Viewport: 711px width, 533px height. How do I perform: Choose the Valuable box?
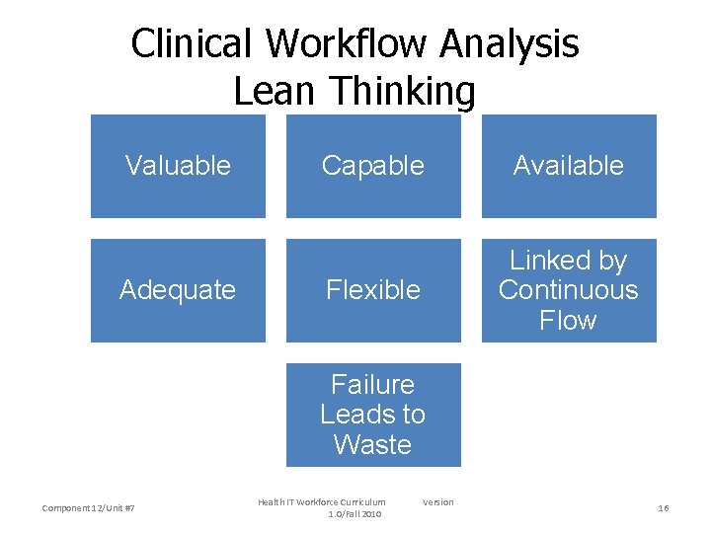coord(178,166)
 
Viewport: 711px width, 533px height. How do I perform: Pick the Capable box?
coord(373,166)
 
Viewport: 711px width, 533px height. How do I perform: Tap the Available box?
coord(569,166)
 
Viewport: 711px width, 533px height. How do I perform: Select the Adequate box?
coord(178,290)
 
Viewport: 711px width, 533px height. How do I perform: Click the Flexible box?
coord(373,290)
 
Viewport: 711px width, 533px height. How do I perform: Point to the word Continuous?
coord(569,290)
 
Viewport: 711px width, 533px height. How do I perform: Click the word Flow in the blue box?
coord(569,320)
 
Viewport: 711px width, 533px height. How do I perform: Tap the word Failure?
coord(373,384)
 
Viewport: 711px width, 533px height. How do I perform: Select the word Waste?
coord(373,445)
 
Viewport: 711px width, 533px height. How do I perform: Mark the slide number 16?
coord(664,508)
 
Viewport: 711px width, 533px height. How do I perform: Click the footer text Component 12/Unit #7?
coord(89,508)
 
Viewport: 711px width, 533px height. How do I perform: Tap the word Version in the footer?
coord(438,502)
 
